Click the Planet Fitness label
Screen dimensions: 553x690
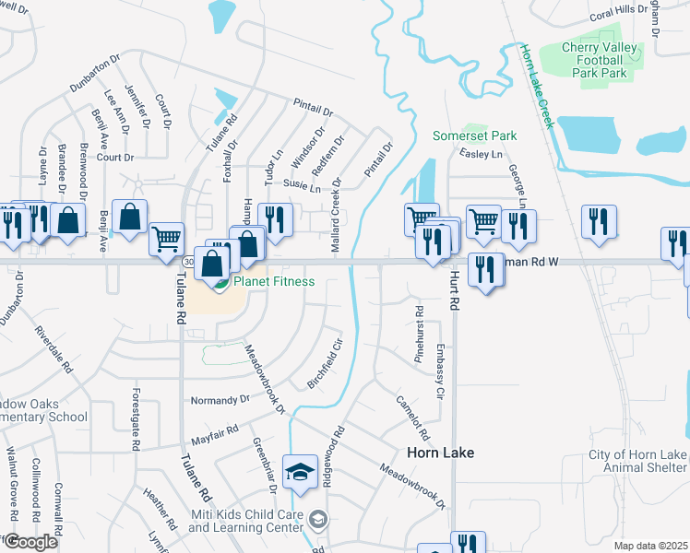[274, 282]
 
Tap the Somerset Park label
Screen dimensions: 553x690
[475, 135]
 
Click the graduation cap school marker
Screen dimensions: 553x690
[301, 473]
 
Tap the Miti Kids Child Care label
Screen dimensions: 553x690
[246, 521]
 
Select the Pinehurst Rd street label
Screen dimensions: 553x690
[419, 333]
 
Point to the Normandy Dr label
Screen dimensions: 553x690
[220, 400]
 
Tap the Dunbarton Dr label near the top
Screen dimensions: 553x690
[95, 73]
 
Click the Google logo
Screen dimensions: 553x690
[30, 542]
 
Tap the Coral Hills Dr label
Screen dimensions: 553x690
[620, 12]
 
